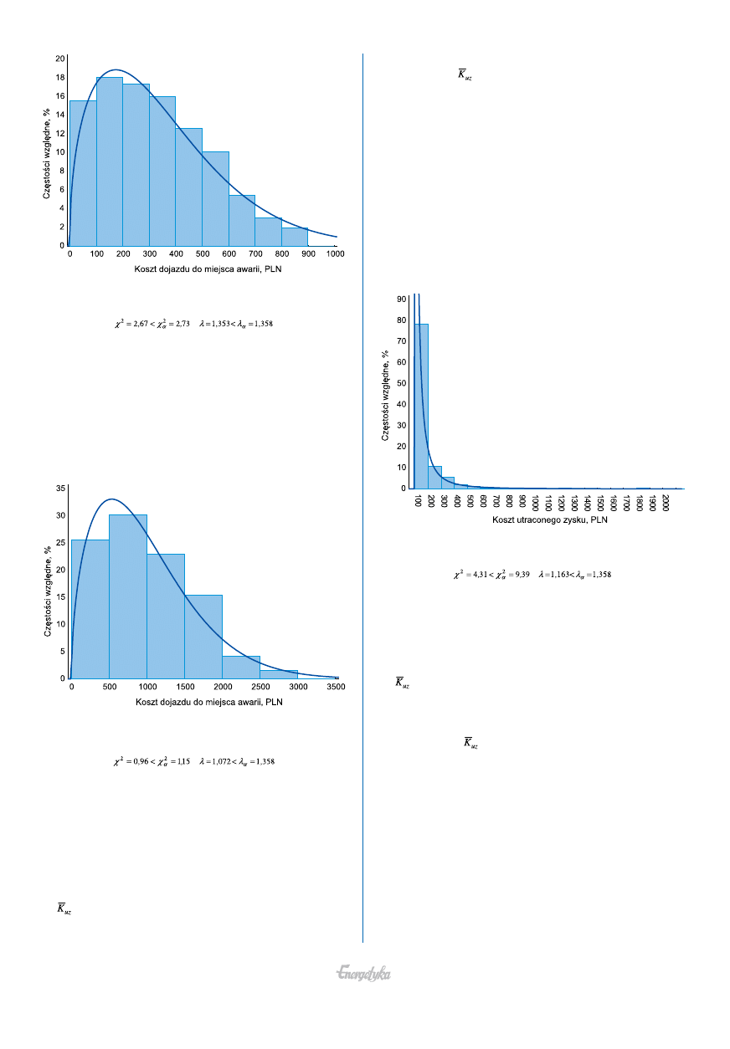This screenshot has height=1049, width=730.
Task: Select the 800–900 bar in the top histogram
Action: coord(295,237)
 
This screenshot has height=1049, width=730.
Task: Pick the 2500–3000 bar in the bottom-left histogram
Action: coord(279,673)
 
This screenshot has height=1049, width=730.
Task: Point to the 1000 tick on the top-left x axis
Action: coord(336,253)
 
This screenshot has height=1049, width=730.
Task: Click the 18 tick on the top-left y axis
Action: coord(61,77)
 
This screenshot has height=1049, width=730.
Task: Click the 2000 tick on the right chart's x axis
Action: coord(666,503)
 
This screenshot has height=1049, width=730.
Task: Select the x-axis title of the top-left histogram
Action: coord(202,269)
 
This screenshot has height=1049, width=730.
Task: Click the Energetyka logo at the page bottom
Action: coord(364,974)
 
